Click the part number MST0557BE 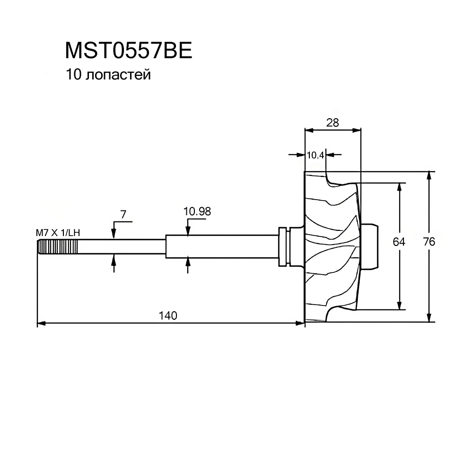[x=129, y=51]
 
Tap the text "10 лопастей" [x=108, y=75]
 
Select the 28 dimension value [x=333, y=123]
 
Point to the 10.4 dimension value [x=315, y=155]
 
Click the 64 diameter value [x=399, y=242]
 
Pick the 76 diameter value [x=429, y=242]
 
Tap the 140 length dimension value [x=168, y=315]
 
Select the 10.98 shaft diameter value [x=197, y=211]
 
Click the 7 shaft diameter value [x=123, y=214]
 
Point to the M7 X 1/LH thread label [x=58, y=233]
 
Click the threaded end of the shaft [x=57, y=247]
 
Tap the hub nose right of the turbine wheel [x=369, y=246]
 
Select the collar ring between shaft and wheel [x=283, y=246]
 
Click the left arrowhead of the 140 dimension [x=41, y=324]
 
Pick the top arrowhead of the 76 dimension [x=429, y=176]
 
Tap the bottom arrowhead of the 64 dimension [x=399, y=305]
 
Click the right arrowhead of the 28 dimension [x=357, y=131]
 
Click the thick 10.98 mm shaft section [x=222, y=246]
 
